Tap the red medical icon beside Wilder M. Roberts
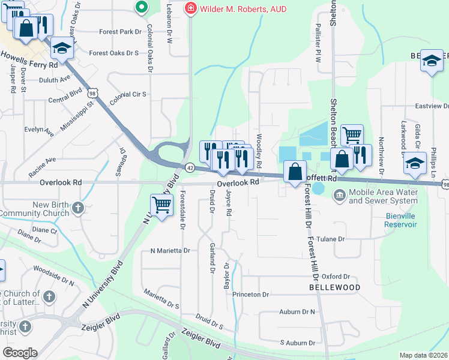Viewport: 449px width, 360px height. [x=190, y=8]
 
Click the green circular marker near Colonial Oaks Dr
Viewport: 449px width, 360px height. [x=142, y=7]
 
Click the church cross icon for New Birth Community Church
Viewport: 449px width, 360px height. [x=77, y=209]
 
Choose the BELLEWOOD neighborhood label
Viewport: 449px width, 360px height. [x=334, y=287]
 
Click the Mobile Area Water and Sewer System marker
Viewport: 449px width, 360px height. [x=339, y=194]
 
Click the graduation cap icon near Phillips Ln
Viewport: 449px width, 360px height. [x=415, y=162]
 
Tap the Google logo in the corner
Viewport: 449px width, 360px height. [x=19, y=353]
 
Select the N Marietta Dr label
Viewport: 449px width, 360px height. [x=170, y=250]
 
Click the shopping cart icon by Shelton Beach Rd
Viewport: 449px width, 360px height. [x=352, y=134]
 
